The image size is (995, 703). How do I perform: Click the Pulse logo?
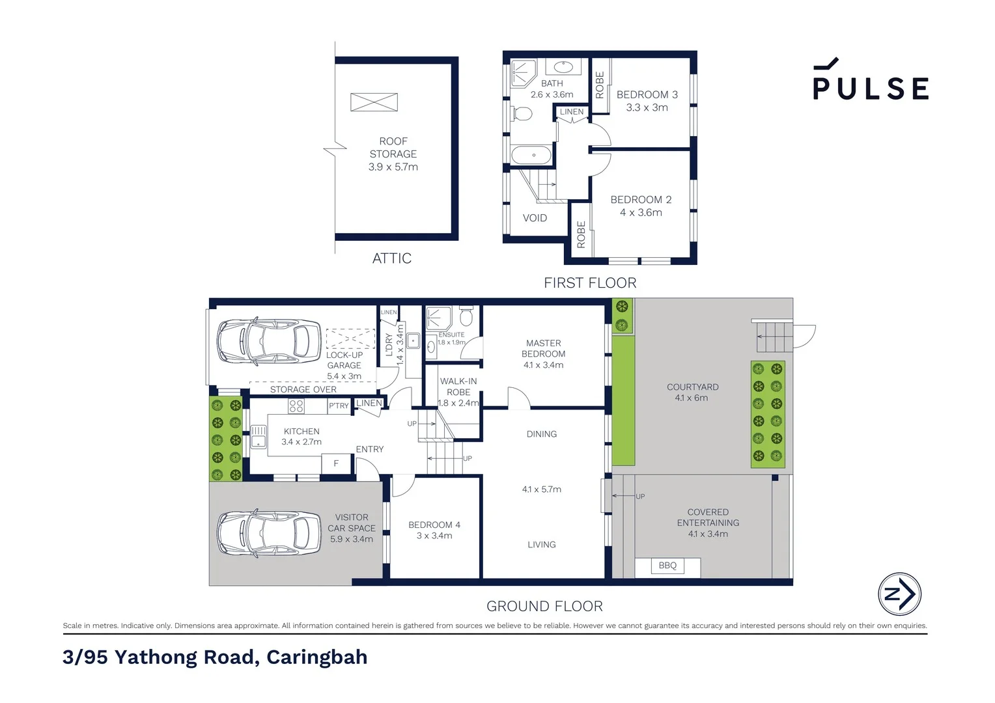(870, 81)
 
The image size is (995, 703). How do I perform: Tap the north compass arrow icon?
(899, 594)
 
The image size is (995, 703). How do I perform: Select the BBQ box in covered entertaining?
(667, 566)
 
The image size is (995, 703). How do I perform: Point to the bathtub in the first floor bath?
(531, 156)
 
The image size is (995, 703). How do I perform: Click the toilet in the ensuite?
(466, 317)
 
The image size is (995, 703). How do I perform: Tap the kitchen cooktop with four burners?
(296, 406)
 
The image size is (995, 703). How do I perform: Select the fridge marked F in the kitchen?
(336, 463)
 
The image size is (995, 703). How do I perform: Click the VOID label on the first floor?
(535, 218)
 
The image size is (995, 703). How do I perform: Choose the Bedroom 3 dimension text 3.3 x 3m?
(647, 108)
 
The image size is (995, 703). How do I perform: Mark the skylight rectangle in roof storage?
(374, 102)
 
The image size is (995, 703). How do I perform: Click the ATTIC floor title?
(391, 258)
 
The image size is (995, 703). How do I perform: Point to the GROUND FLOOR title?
(544, 606)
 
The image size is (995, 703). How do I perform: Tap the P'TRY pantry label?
(339, 406)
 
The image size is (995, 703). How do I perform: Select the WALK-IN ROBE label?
(458, 387)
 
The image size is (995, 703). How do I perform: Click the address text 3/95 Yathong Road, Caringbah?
(215, 657)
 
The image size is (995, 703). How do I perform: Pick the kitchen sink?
(259, 435)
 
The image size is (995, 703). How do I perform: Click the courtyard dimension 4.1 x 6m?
(692, 398)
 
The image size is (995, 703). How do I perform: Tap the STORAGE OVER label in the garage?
(303, 389)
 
